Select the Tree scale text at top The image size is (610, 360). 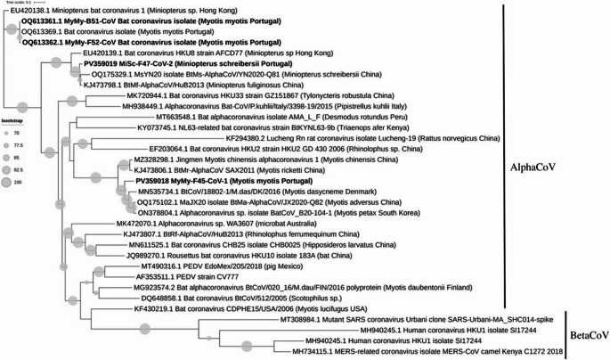(x=19, y=4)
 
